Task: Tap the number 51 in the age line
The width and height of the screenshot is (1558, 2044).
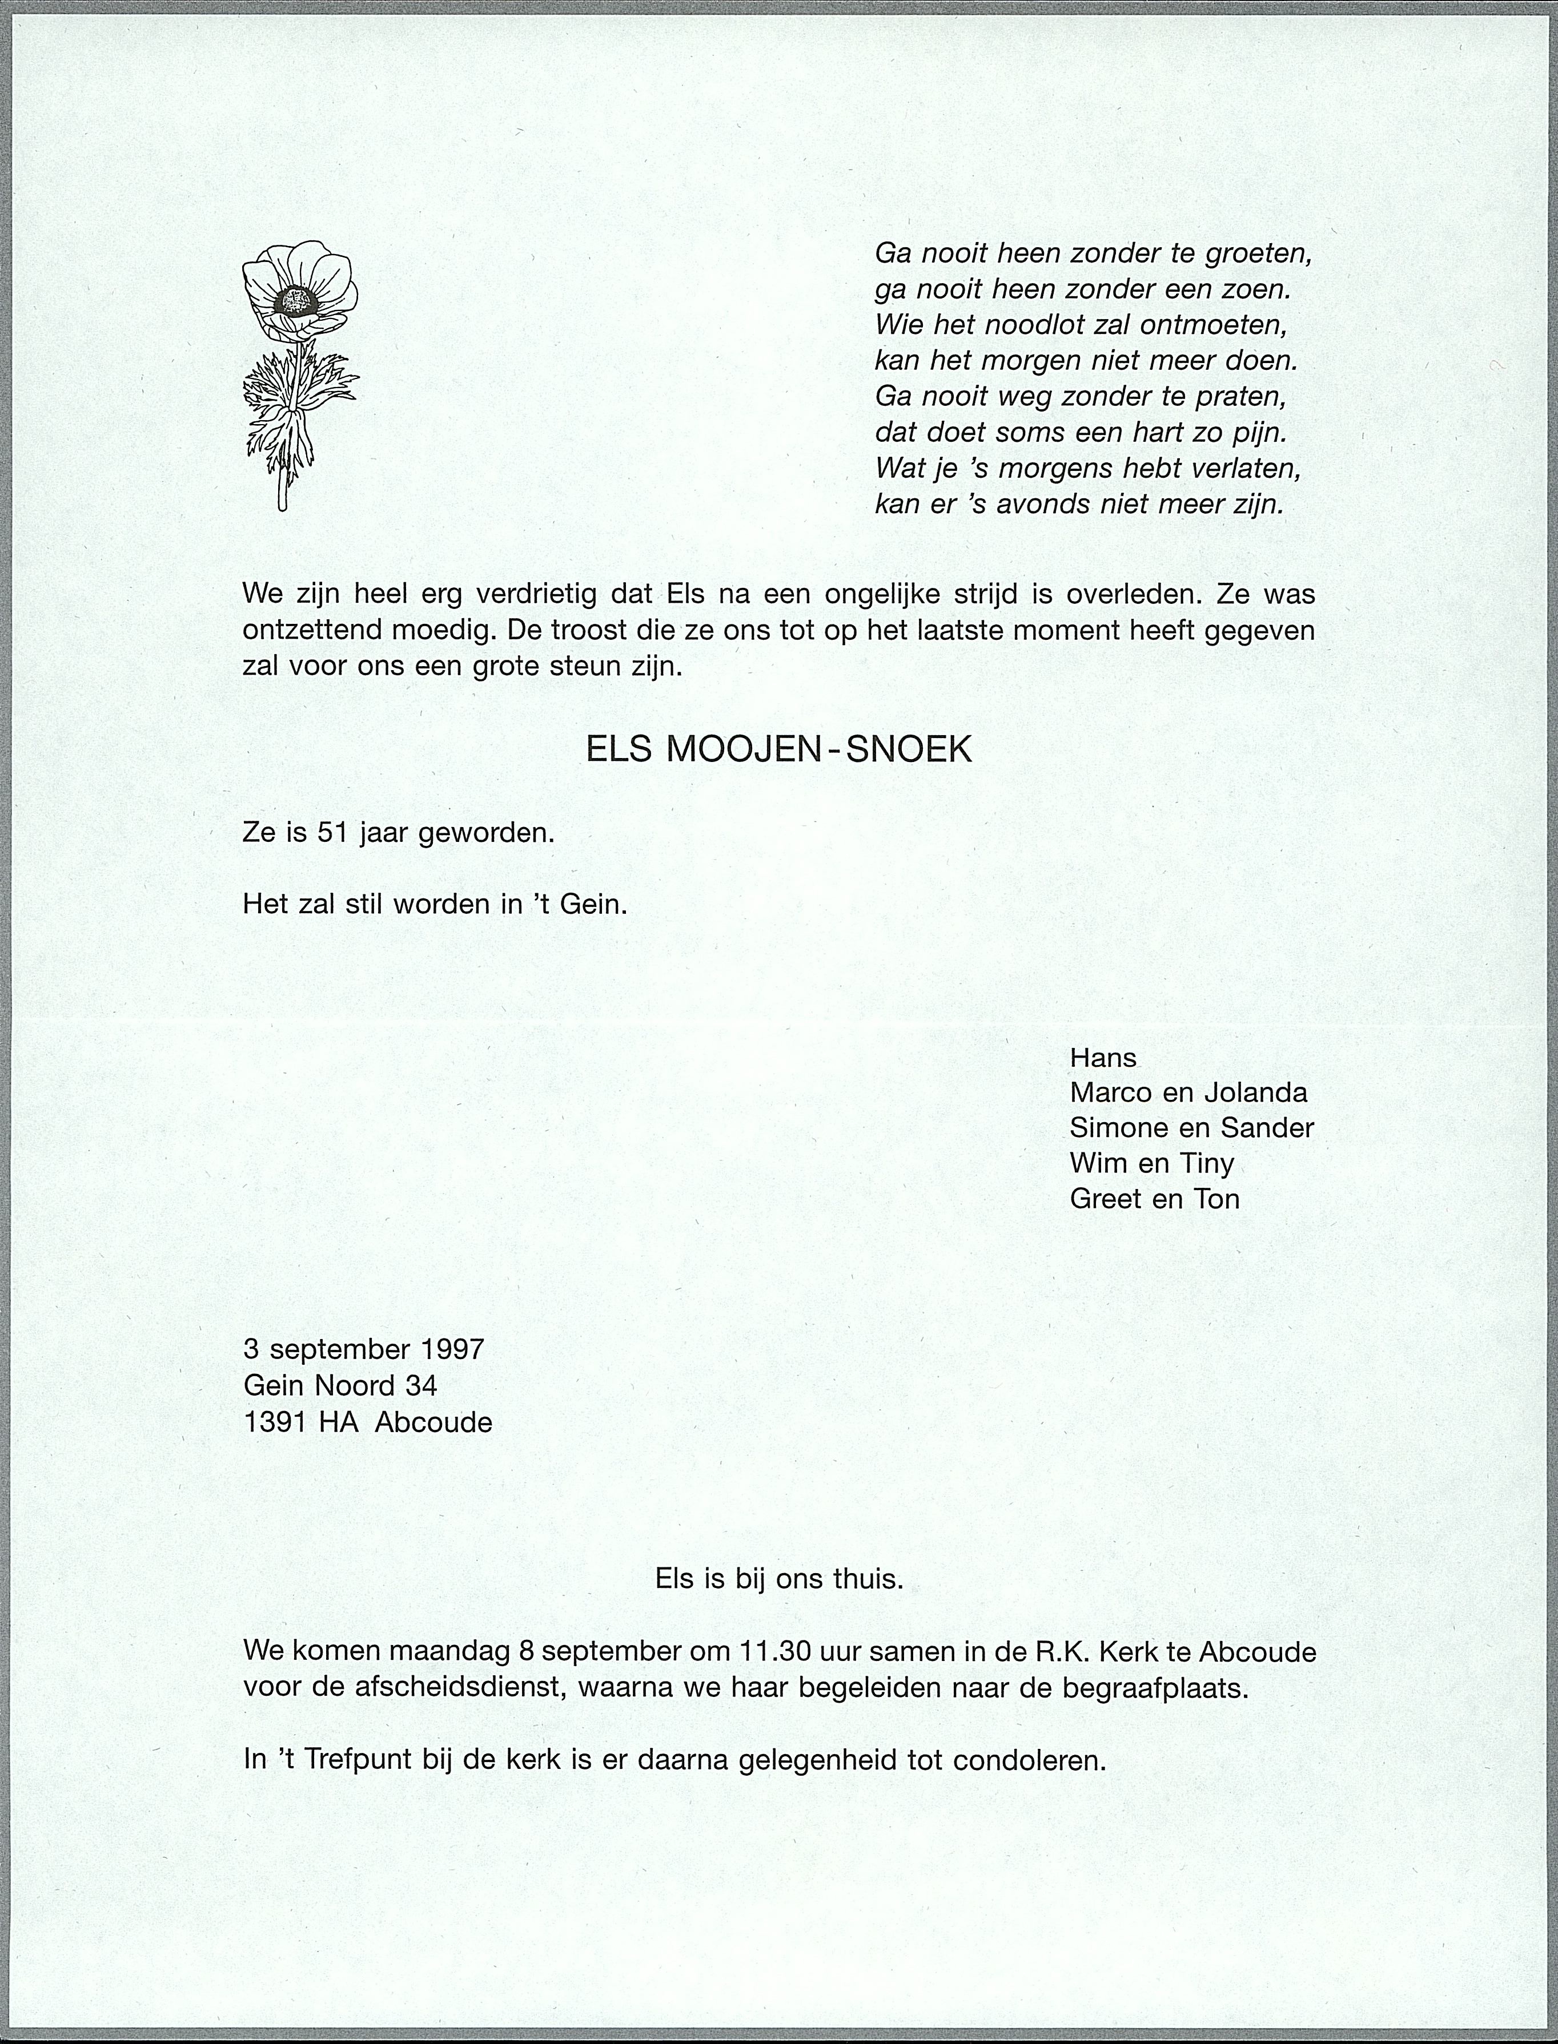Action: coord(331,833)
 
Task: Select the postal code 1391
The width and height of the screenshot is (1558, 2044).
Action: coord(275,1422)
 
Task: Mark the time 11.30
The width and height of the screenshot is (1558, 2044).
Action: coord(777,1651)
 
